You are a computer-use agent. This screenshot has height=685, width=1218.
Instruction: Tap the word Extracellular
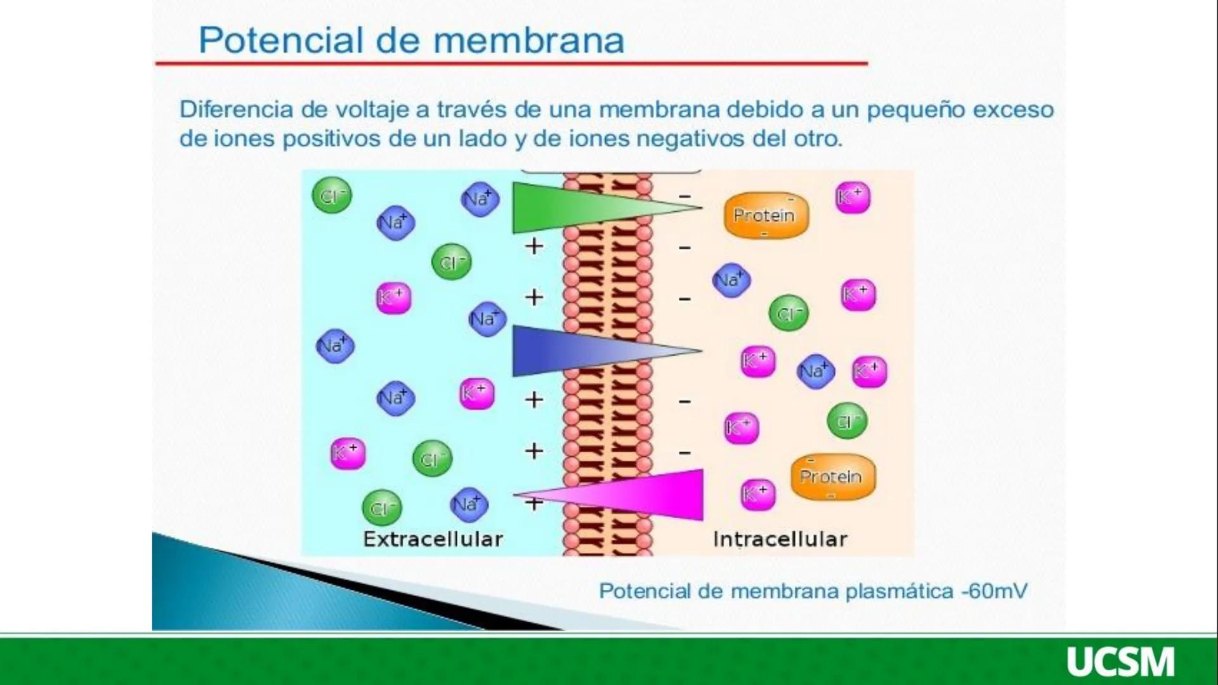[x=433, y=539]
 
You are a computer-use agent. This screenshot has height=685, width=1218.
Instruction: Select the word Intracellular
[x=780, y=539]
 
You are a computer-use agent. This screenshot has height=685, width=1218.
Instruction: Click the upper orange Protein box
[x=766, y=216]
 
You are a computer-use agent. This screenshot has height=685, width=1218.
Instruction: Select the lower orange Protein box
[x=832, y=476]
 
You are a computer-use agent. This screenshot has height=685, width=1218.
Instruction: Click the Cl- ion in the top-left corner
[x=332, y=196]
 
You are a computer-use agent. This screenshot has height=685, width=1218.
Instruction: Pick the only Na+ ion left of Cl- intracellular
[x=731, y=280]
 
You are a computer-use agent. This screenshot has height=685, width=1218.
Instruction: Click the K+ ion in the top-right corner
[x=853, y=197]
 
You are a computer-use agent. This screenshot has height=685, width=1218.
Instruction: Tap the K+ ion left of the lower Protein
[x=757, y=493]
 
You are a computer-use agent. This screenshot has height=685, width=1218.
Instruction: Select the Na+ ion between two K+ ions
[x=815, y=371]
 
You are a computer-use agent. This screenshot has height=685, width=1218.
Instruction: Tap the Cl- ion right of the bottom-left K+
[x=432, y=459]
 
